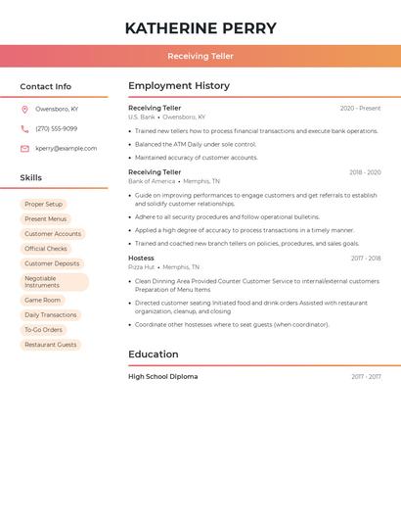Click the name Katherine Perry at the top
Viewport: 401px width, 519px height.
(200, 28)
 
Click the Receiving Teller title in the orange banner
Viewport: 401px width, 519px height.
(200, 57)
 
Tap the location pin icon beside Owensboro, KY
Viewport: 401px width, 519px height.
(24, 109)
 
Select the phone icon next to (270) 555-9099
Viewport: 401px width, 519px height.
(24, 128)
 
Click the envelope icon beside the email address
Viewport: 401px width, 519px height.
(24, 149)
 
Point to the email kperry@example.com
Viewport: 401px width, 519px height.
(67, 149)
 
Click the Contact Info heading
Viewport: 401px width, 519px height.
(45, 86)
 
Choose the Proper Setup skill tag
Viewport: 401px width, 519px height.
(43, 205)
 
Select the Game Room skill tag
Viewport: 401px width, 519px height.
(42, 301)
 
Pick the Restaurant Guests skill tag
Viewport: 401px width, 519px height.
(50, 345)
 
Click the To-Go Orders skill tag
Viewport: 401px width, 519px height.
(43, 330)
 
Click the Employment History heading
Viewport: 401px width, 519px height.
(179, 86)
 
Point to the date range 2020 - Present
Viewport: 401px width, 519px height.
(360, 109)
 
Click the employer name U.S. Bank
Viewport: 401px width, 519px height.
(142, 118)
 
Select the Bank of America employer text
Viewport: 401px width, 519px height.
(152, 181)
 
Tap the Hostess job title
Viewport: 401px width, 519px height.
(141, 259)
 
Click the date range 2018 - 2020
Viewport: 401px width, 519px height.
(365, 172)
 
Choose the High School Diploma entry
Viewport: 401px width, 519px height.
(162, 377)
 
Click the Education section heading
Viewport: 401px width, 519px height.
(154, 354)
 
